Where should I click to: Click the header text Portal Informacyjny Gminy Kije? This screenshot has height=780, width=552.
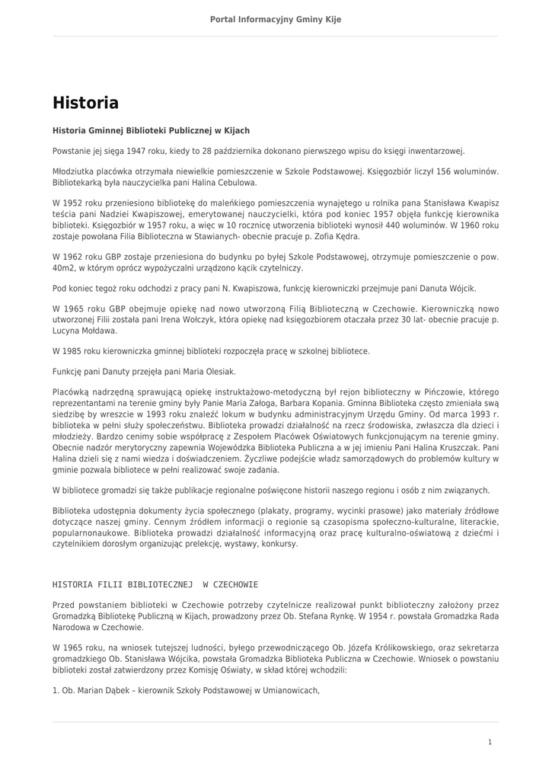coord(276,19)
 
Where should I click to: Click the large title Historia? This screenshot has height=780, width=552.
coord(85,103)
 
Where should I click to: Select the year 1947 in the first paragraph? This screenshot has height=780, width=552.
coord(137,152)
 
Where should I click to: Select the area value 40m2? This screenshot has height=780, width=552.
coord(64,268)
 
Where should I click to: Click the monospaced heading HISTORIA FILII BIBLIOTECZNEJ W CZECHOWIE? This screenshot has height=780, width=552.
coord(155,585)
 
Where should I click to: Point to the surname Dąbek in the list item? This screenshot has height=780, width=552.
coord(113,691)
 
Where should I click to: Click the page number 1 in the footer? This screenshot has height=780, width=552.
coord(490,742)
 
